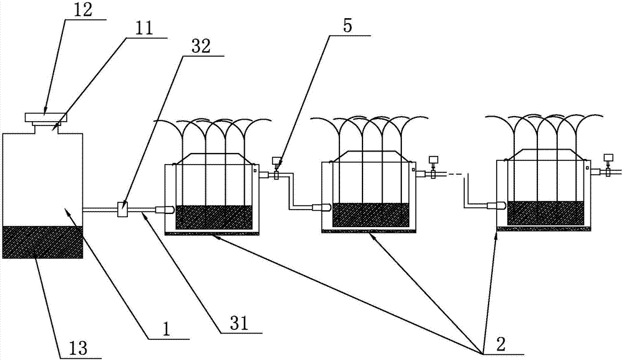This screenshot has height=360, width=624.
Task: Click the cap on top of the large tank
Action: [45, 117]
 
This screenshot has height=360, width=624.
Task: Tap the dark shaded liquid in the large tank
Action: [42, 242]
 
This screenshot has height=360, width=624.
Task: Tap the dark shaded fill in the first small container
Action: [214, 216]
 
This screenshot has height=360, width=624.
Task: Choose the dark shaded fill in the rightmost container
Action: [546, 213]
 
